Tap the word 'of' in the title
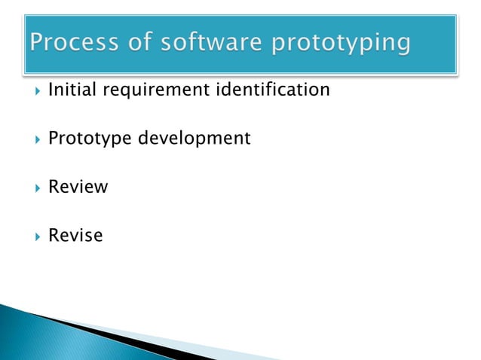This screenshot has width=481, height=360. coord(139,43)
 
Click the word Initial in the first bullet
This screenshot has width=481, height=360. coord(72,90)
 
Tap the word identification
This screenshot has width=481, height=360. coord(273,90)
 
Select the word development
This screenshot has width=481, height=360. coord(194,139)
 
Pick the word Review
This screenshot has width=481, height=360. coord(78,187)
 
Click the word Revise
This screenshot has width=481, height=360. coord(75,236)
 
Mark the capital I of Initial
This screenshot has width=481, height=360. coord(51,90)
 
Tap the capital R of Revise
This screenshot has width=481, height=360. coord(54,236)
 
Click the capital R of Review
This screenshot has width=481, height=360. coord(54,187)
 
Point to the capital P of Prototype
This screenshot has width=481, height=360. coord(54,139)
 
